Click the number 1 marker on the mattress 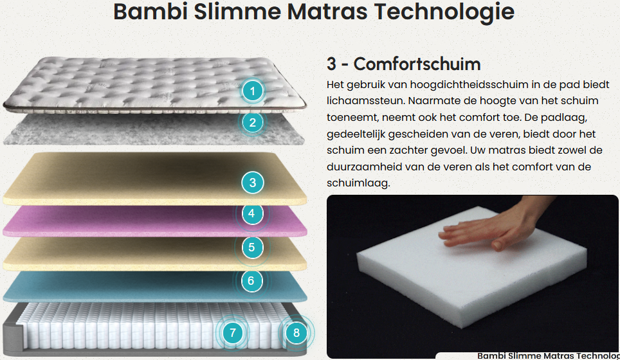click(x=252, y=91)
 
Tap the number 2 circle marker click(x=252, y=123)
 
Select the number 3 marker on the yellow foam click(x=252, y=183)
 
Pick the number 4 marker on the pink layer click(x=251, y=213)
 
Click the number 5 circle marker click(x=251, y=248)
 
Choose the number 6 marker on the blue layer click(x=251, y=280)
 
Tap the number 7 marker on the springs click(x=233, y=333)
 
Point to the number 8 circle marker click(x=296, y=333)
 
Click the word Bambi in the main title click(x=150, y=11)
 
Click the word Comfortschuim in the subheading click(x=417, y=64)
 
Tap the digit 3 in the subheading click(x=331, y=64)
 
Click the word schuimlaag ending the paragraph click(x=358, y=183)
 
